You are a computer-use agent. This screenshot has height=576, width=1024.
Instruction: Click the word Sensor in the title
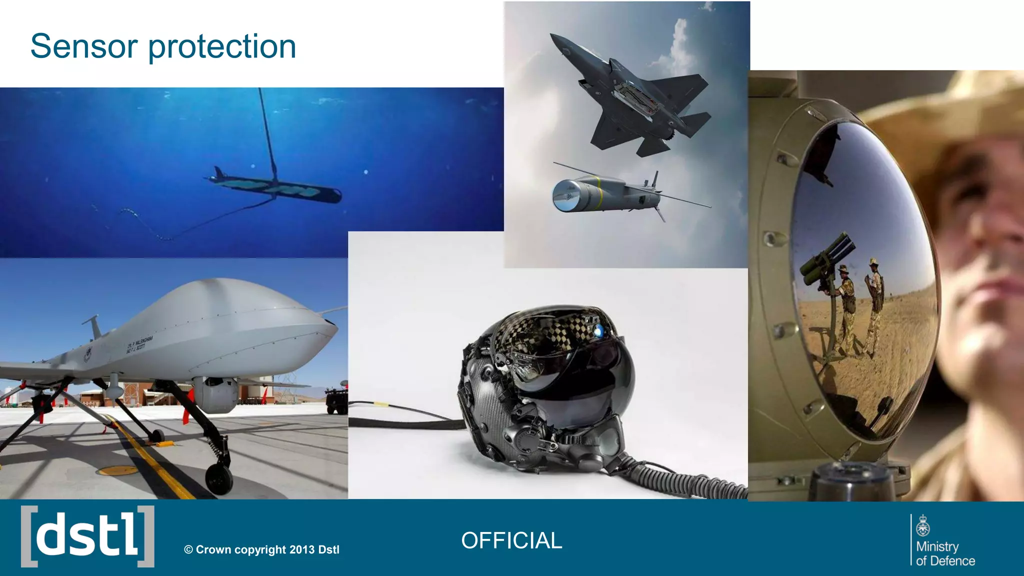84,46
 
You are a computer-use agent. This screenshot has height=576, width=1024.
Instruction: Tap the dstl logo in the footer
87,536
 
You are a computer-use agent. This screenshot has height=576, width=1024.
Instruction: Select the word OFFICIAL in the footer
511,540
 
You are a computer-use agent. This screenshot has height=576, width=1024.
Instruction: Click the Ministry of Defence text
945,553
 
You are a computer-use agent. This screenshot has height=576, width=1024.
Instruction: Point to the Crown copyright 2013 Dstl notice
261,549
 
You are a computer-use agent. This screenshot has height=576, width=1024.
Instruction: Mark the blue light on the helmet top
598,330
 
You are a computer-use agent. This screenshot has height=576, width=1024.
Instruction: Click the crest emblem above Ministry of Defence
923,525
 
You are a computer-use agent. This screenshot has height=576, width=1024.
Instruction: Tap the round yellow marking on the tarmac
117,470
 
